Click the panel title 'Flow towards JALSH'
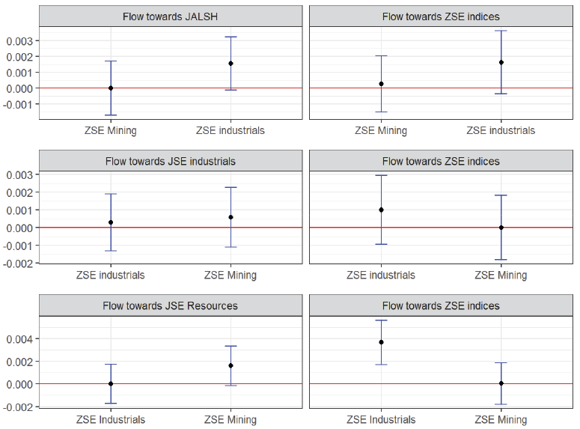tap(170, 16)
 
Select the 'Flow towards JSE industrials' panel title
tap(170, 161)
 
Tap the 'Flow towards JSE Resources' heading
tap(170, 305)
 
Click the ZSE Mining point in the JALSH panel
tap(111, 88)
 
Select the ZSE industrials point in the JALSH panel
tap(231, 64)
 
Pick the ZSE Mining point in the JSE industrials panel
tap(231, 217)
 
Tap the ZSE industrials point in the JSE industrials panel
tap(111, 222)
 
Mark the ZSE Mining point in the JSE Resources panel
tap(231, 365)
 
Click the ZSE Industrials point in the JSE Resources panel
tap(111, 383)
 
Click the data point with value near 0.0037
tap(381, 342)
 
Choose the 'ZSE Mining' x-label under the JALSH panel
tap(111, 130)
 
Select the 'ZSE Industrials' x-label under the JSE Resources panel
tap(111, 420)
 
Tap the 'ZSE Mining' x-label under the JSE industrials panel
tap(231, 275)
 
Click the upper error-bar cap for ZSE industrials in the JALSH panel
tap(231, 37)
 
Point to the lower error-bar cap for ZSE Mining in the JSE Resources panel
tap(231, 386)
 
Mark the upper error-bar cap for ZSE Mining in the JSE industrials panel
tap(231, 187)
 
